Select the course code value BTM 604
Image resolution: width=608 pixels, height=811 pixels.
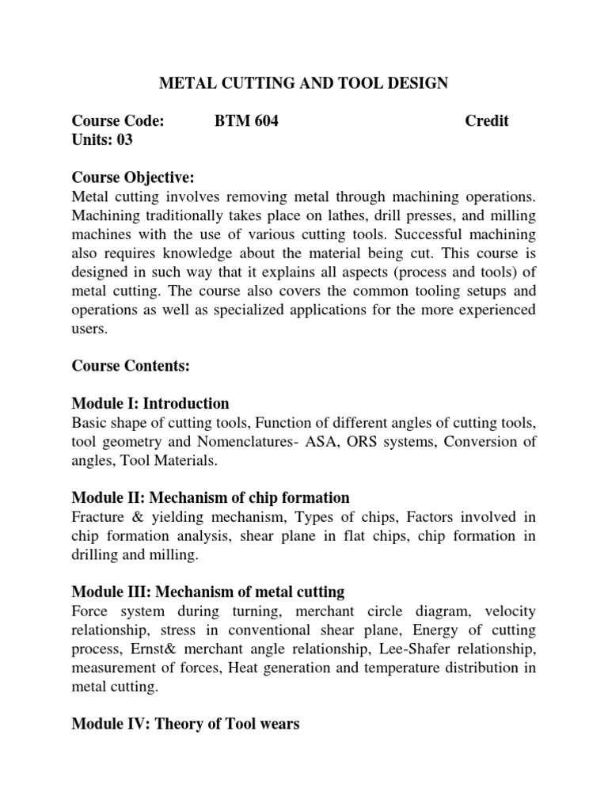tap(246, 121)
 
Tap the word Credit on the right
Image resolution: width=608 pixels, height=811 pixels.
tap(486, 121)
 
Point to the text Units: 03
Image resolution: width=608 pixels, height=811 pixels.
tap(102, 140)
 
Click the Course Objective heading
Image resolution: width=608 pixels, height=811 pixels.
tap(133, 177)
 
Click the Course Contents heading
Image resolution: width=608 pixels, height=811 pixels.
tap(131, 366)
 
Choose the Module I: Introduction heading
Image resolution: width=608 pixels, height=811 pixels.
tap(150, 403)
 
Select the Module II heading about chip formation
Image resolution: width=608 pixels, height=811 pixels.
tap(211, 497)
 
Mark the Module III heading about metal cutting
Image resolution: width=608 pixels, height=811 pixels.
tap(208, 592)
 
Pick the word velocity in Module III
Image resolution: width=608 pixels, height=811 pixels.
tap(505, 611)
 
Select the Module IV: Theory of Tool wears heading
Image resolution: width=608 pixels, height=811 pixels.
tap(186, 724)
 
